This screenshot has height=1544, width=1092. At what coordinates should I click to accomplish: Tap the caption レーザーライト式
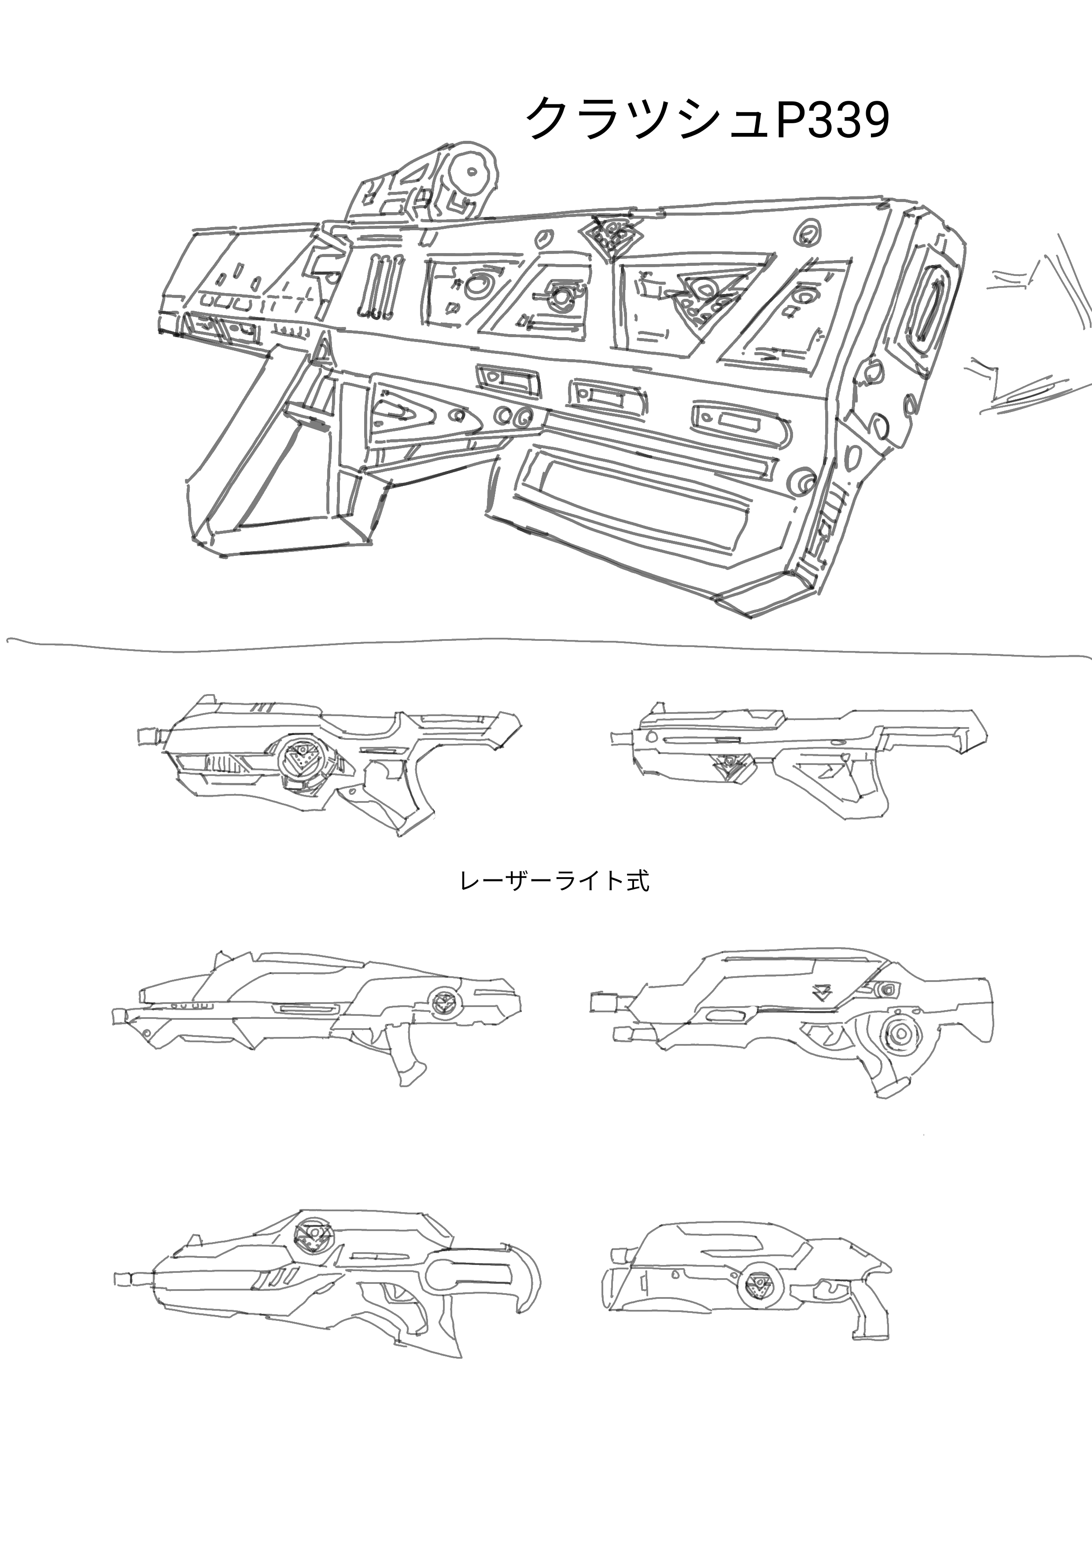(x=554, y=882)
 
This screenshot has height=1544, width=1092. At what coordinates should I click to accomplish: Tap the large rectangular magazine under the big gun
(x=639, y=491)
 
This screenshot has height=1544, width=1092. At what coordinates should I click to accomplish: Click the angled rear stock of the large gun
(x=276, y=464)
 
